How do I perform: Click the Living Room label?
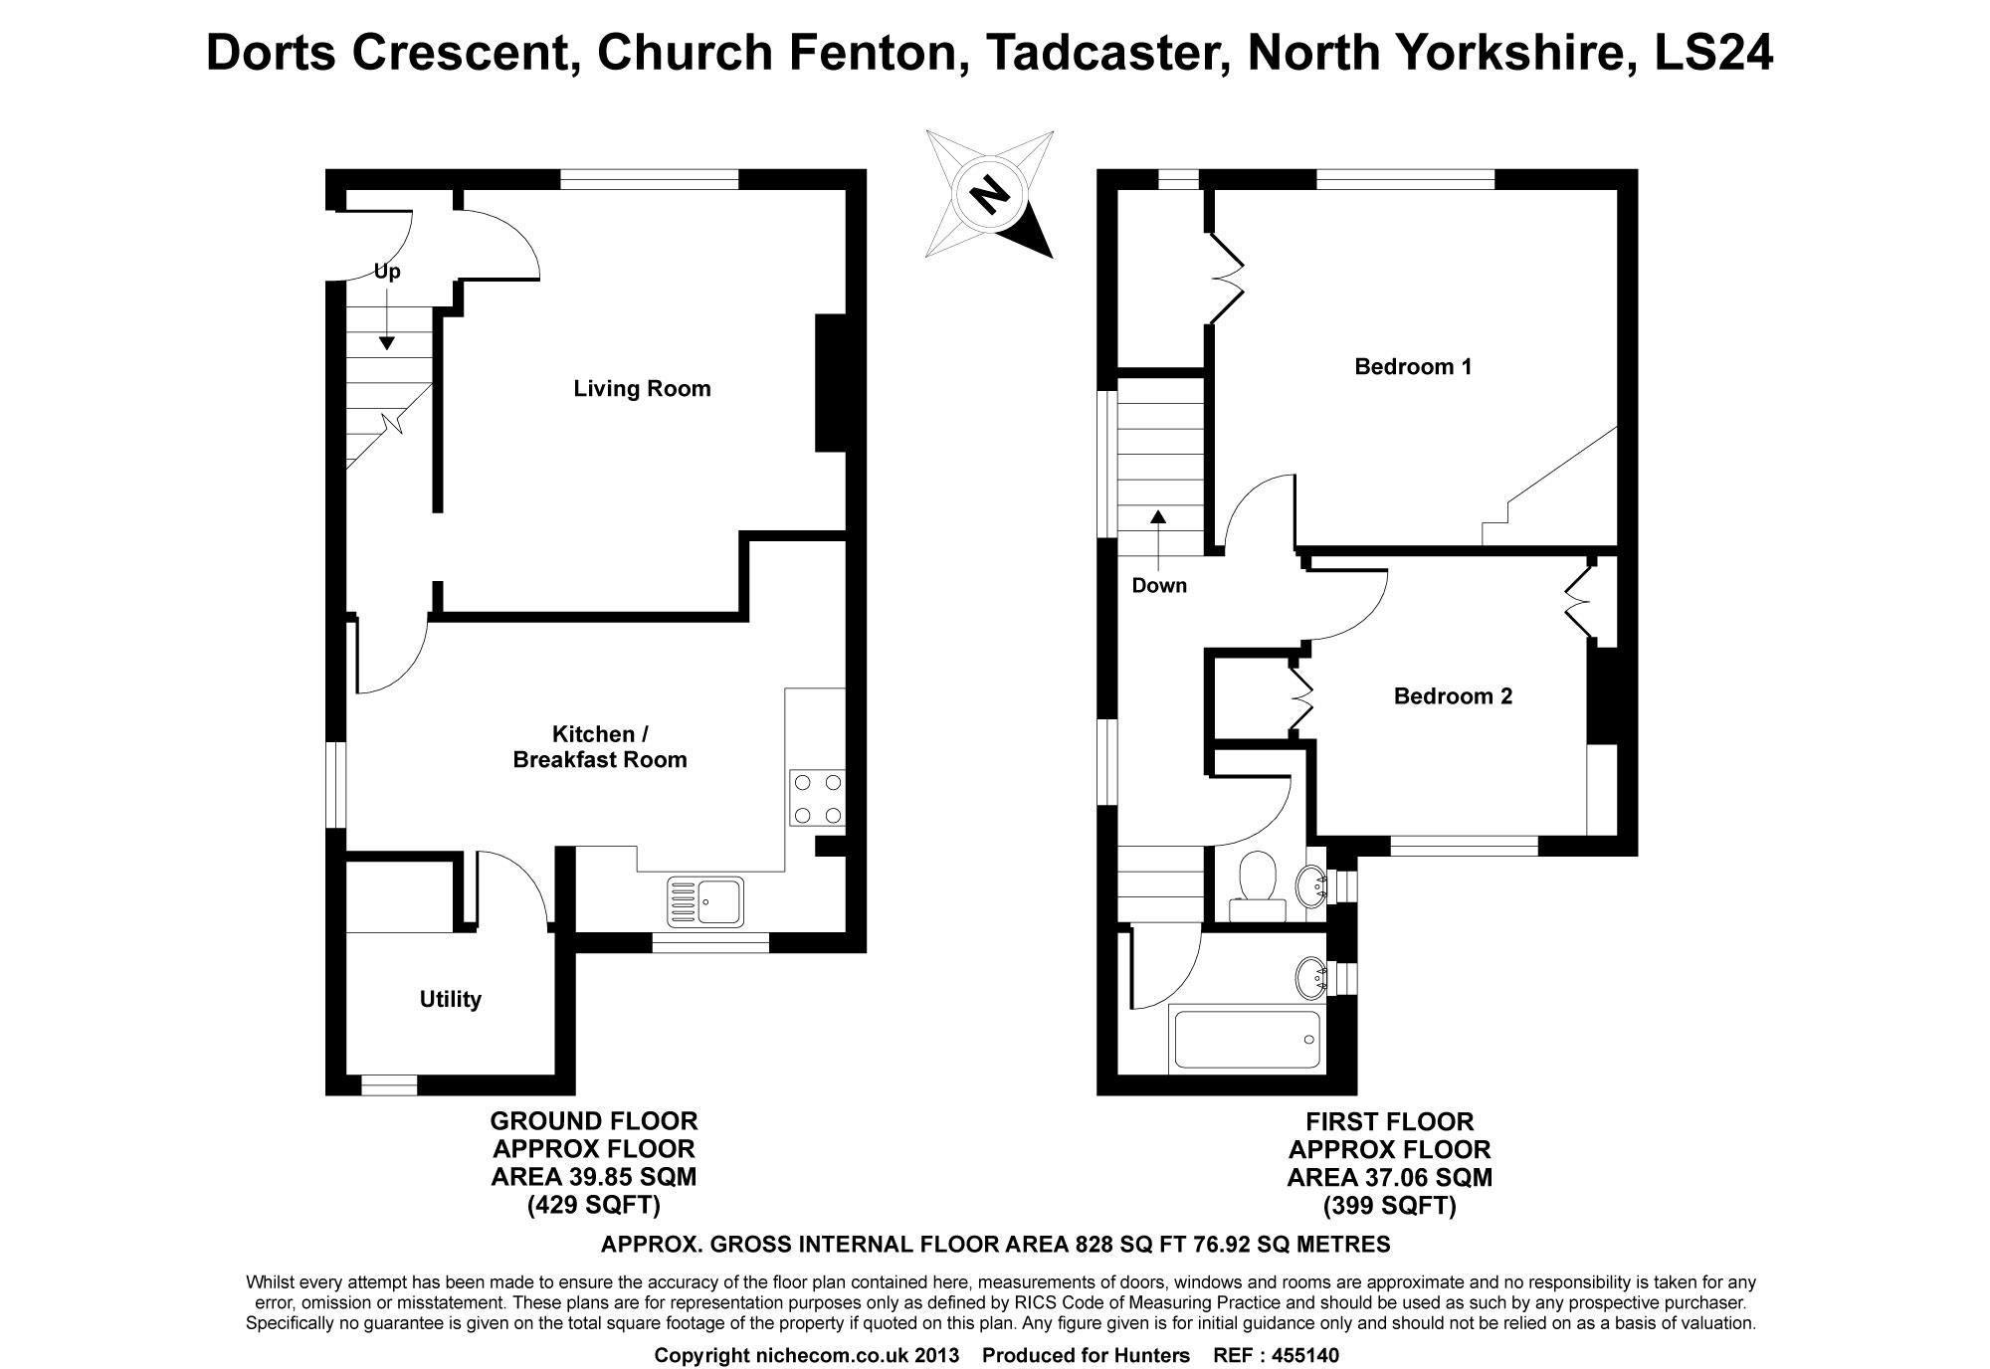(x=642, y=388)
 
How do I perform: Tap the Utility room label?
(x=450, y=999)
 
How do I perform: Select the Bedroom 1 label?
(x=1412, y=366)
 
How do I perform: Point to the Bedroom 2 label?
(x=1452, y=695)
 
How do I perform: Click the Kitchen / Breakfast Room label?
(x=599, y=746)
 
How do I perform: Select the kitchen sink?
(x=705, y=901)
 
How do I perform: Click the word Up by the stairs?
(x=387, y=271)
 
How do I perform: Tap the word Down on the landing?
(x=1159, y=585)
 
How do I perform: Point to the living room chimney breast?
(x=830, y=383)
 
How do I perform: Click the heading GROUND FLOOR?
(x=594, y=1121)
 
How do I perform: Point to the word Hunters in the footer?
(x=1152, y=1355)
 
